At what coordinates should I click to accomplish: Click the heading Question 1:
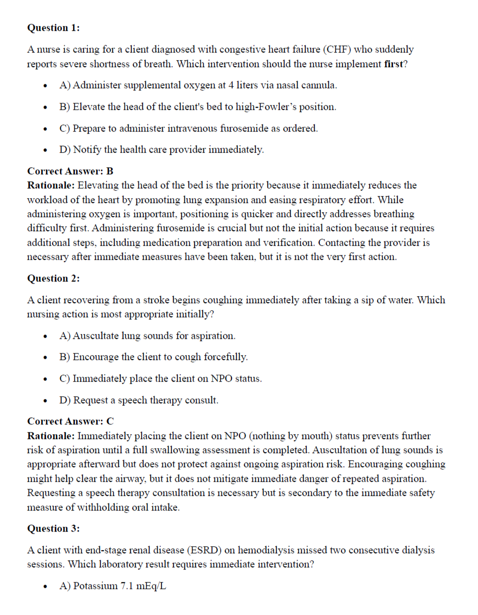click(53, 28)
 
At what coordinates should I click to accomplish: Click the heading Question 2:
click(53, 278)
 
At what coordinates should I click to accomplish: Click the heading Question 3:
click(53, 528)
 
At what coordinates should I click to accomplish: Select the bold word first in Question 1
click(393, 64)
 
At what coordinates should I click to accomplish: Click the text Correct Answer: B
click(70, 171)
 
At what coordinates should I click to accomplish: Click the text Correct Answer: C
click(70, 421)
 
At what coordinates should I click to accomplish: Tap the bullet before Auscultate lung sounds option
click(46, 336)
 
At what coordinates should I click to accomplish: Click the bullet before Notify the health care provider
click(46, 150)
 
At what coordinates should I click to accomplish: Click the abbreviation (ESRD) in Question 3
click(203, 551)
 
